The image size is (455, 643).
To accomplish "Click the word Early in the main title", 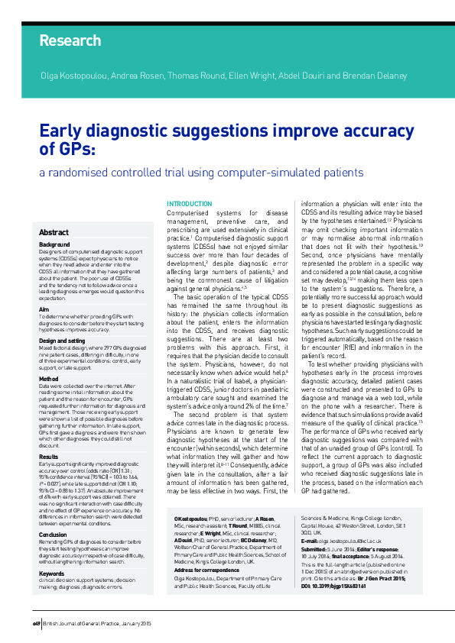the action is coord(64,131).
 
